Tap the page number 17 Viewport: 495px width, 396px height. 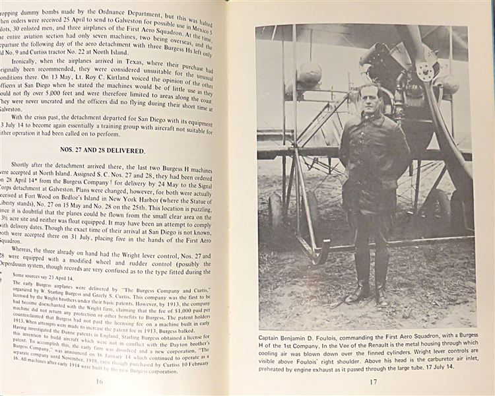pos(372,381)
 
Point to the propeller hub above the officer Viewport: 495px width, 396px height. pos(426,71)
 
